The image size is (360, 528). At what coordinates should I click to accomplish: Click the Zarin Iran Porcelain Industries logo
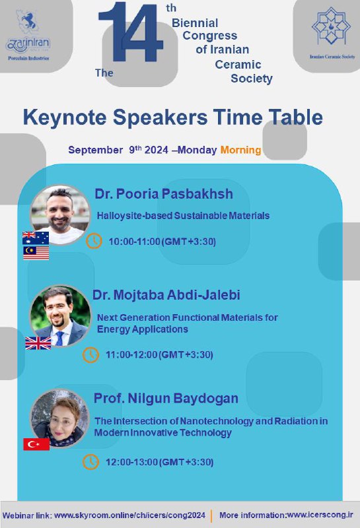click(x=28, y=36)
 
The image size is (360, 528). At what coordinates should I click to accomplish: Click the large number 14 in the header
click(x=131, y=32)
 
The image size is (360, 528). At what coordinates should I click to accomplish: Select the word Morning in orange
click(x=240, y=150)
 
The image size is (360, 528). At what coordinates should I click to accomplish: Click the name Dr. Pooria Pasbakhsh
click(x=164, y=194)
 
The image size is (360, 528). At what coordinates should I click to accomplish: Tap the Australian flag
click(x=36, y=238)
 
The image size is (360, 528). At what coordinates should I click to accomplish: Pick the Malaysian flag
click(x=36, y=253)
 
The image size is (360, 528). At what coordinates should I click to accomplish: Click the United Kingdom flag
click(x=38, y=343)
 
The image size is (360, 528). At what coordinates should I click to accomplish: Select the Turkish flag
click(x=36, y=444)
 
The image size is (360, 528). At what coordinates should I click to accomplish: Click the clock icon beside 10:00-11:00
click(x=94, y=241)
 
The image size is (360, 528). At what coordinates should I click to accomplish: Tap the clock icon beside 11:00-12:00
click(x=90, y=354)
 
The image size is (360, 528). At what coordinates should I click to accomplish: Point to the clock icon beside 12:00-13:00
click(x=90, y=461)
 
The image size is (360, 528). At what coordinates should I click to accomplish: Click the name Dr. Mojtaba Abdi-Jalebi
click(x=166, y=295)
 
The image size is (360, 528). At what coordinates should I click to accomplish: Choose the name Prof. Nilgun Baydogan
click(x=166, y=399)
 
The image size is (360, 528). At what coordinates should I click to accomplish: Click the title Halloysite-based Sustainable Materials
click(x=184, y=216)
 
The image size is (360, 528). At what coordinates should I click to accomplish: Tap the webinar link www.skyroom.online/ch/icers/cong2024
click(x=129, y=515)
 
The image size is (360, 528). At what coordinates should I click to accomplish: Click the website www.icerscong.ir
click(x=320, y=515)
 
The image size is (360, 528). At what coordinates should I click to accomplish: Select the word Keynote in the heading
click(x=64, y=117)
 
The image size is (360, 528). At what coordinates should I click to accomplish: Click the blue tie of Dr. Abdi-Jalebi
click(x=60, y=338)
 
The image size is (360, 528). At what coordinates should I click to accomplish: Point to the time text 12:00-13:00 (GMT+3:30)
click(x=159, y=462)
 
